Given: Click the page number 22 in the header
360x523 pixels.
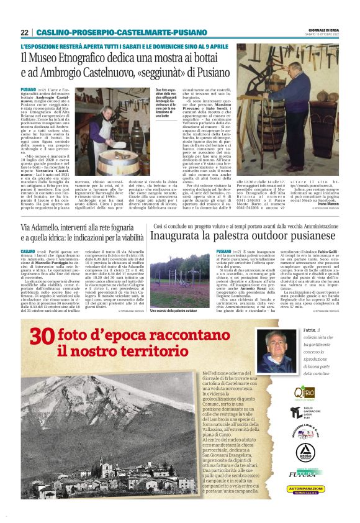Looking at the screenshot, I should click(x=24, y=32).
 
